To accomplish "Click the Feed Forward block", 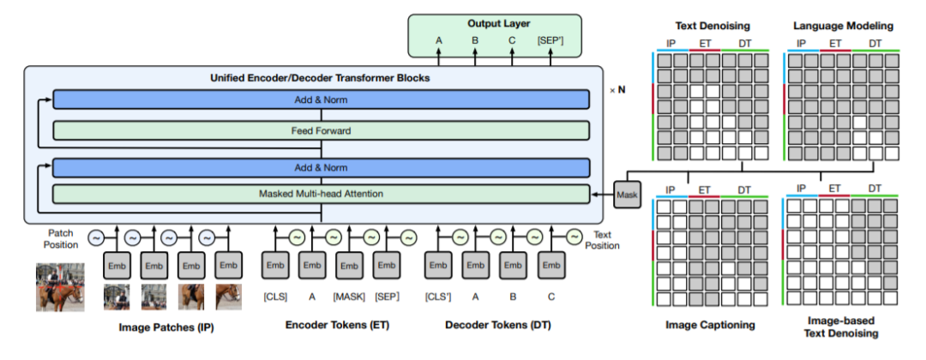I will (321, 131).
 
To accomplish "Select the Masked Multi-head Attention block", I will (321, 194).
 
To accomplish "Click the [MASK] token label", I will (350, 297).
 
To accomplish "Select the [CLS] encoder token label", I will (274, 297).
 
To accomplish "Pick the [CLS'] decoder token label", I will (438, 297).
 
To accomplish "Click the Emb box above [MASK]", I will (350, 266).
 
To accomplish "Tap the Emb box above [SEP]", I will (388, 266).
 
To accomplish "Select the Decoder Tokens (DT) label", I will (498, 325).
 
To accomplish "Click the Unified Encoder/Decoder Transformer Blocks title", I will (320, 78).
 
